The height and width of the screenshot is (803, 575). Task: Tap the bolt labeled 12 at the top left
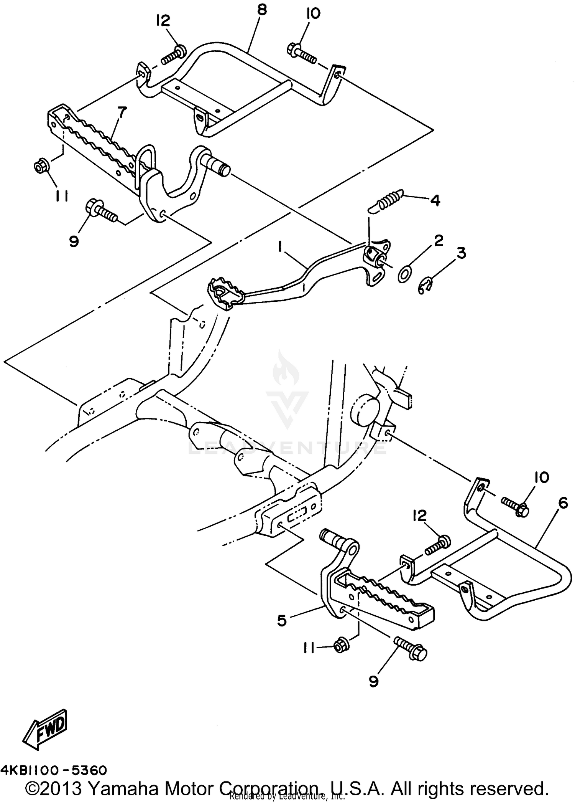pos(172,55)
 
